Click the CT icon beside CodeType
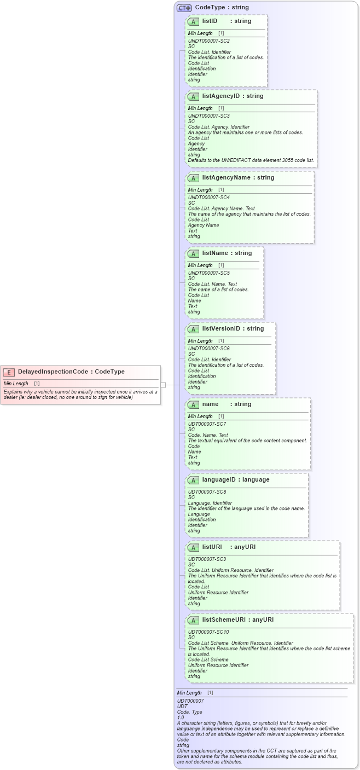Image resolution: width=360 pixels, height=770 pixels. pyautogui.click(x=184, y=8)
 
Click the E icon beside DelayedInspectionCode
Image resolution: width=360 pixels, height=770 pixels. pyautogui.click(x=9, y=372)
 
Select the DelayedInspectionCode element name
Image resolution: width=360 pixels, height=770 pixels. pyautogui.click(x=53, y=372)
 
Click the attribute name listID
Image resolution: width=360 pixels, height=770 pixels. pyautogui.click(x=210, y=21)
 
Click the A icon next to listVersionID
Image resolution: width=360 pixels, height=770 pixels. pyautogui.click(x=193, y=329)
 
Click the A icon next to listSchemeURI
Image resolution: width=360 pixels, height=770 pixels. pyautogui.click(x=193, y=621)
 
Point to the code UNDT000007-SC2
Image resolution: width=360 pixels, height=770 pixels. pyautogui.click(x=208, y=41)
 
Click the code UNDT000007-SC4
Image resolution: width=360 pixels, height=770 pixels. pyautogui.click(x=208, y=198)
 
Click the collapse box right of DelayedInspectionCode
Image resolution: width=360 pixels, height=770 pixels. pyautogui.click(x=163, y=385)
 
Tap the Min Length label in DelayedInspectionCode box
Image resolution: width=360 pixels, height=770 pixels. pyautogui.click(x=16, y=384)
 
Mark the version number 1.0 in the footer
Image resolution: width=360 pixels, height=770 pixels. pyautogui.click(x=181, y=717)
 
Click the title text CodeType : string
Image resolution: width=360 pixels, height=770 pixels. pyautogui.click(x=222, y=8)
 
